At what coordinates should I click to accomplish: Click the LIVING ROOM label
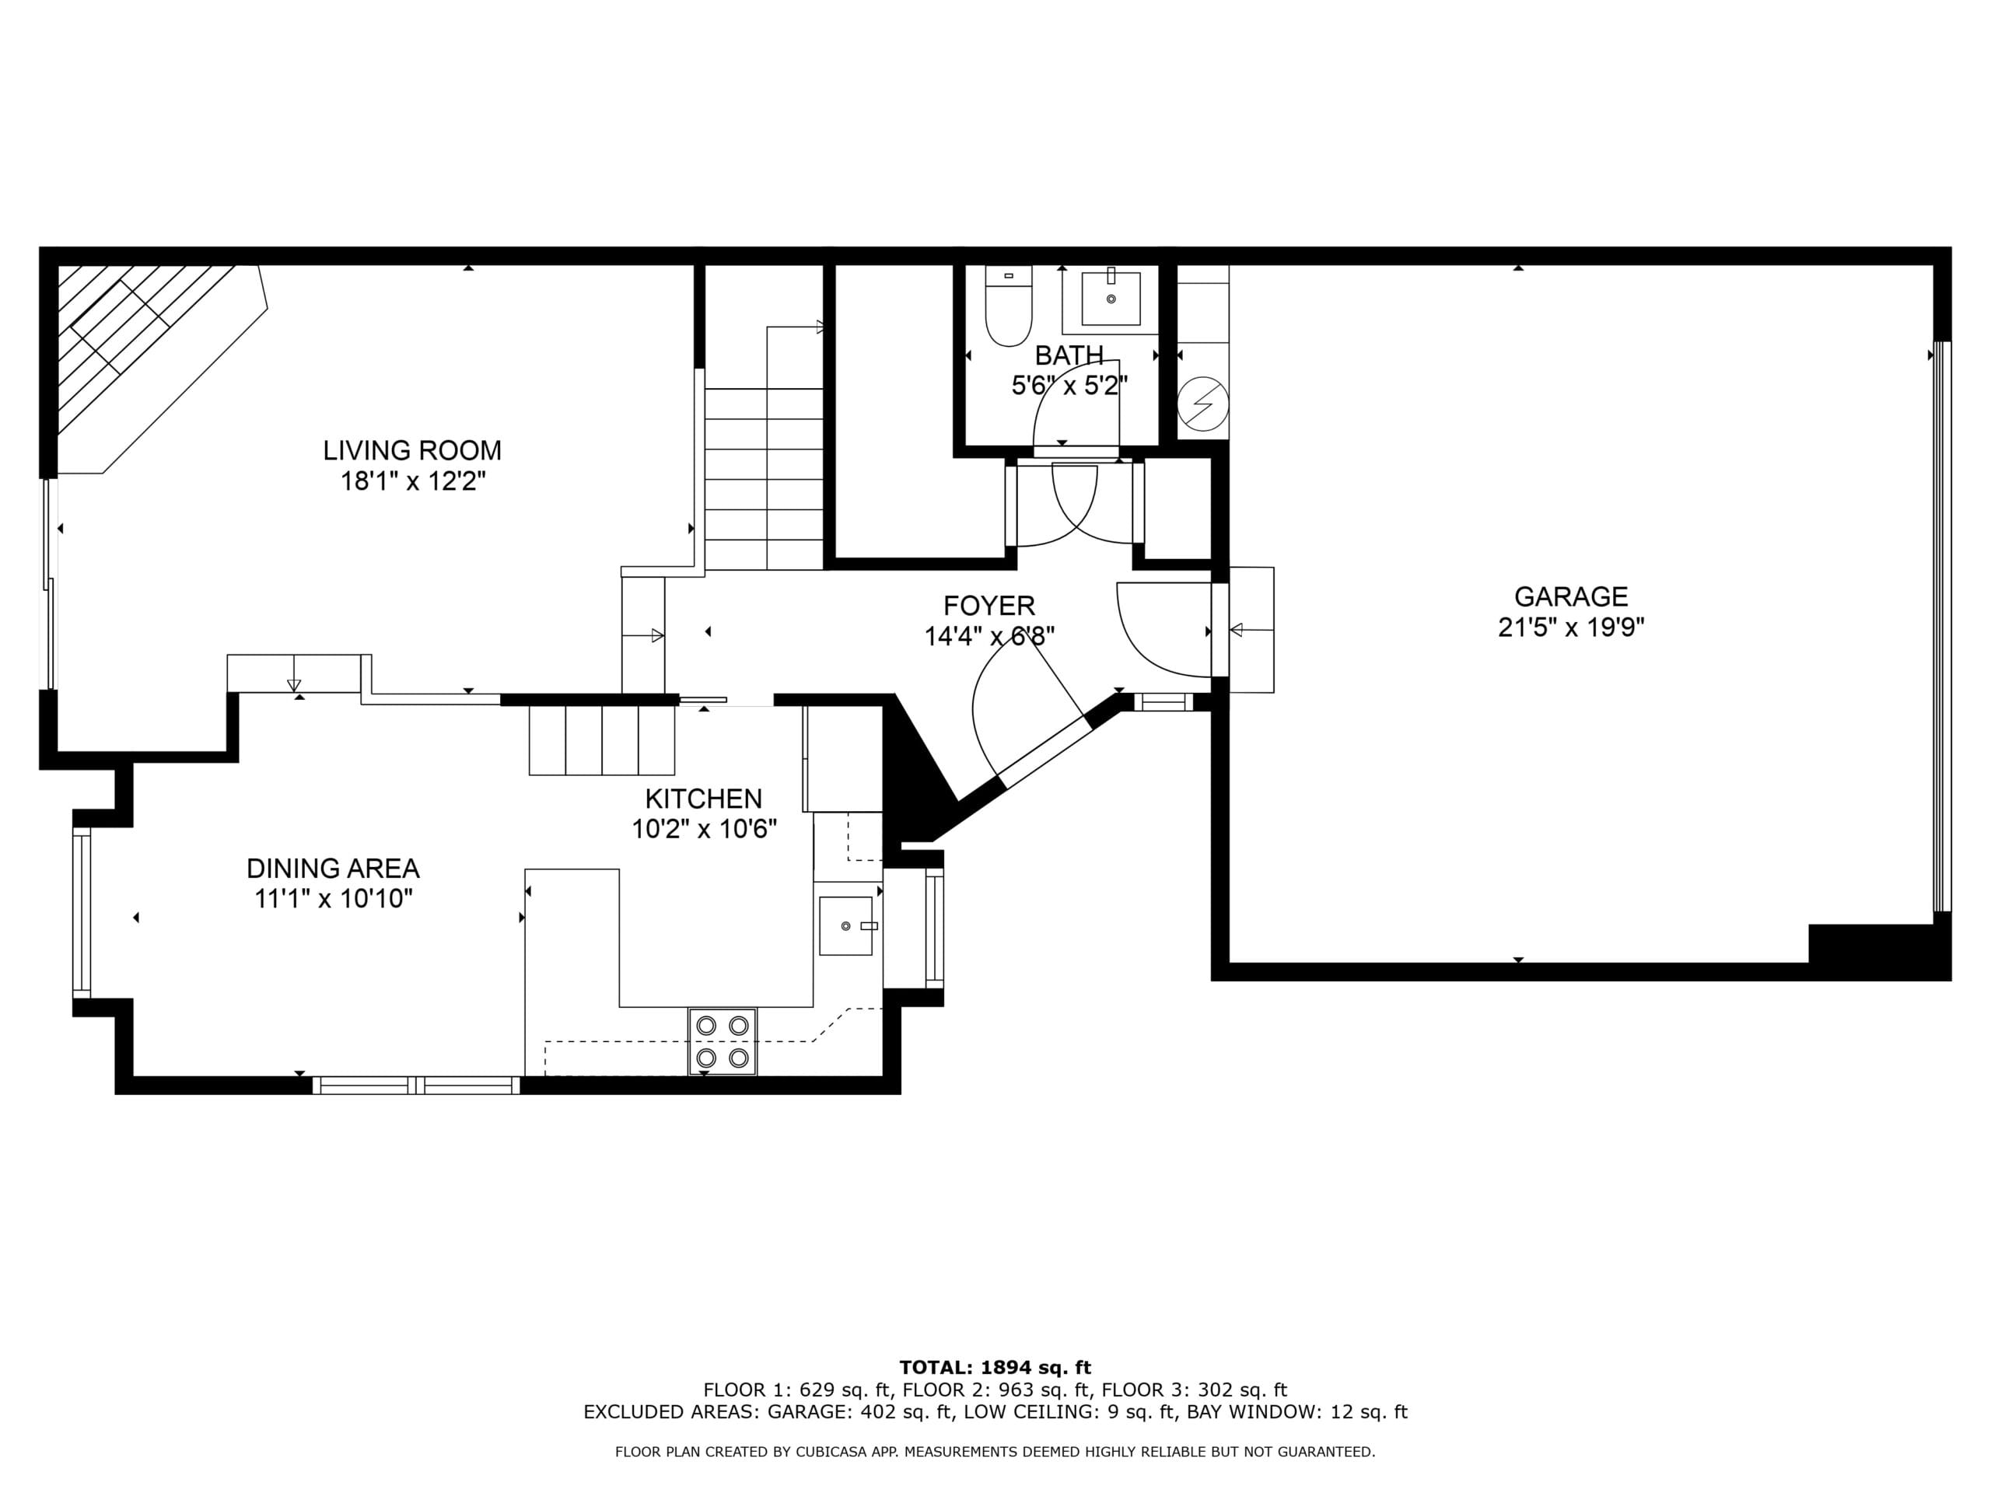click(x=412, y=450)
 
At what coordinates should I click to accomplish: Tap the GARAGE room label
click(x=1571, y=596)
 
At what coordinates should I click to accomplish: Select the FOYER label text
click(x=989, y=606)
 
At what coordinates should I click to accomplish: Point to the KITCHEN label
click(x=704, y=799)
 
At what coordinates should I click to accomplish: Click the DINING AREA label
click(x=333, y=869)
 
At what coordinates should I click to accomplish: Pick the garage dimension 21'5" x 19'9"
click(x=1571, y=628)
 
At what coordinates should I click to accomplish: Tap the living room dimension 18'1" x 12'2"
click(x=412, y=481)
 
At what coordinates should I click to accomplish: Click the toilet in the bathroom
click(x=1008, y=306)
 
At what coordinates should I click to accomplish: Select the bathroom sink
click(x=1111, y=298)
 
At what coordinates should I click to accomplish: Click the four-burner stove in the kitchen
click(x=723, y=1041)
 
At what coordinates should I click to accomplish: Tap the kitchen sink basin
click(x=846, y=925)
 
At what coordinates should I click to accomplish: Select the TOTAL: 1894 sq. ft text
click(x=995, y=1369)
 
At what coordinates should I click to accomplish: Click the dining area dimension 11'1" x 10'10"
click(x=333, y=898)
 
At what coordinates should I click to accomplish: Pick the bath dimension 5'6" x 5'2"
click(x=1069, y=385)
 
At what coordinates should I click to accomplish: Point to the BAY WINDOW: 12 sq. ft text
click(x=1297, y=1412)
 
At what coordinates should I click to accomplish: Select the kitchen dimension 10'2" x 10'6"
click(x=704, y=829)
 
